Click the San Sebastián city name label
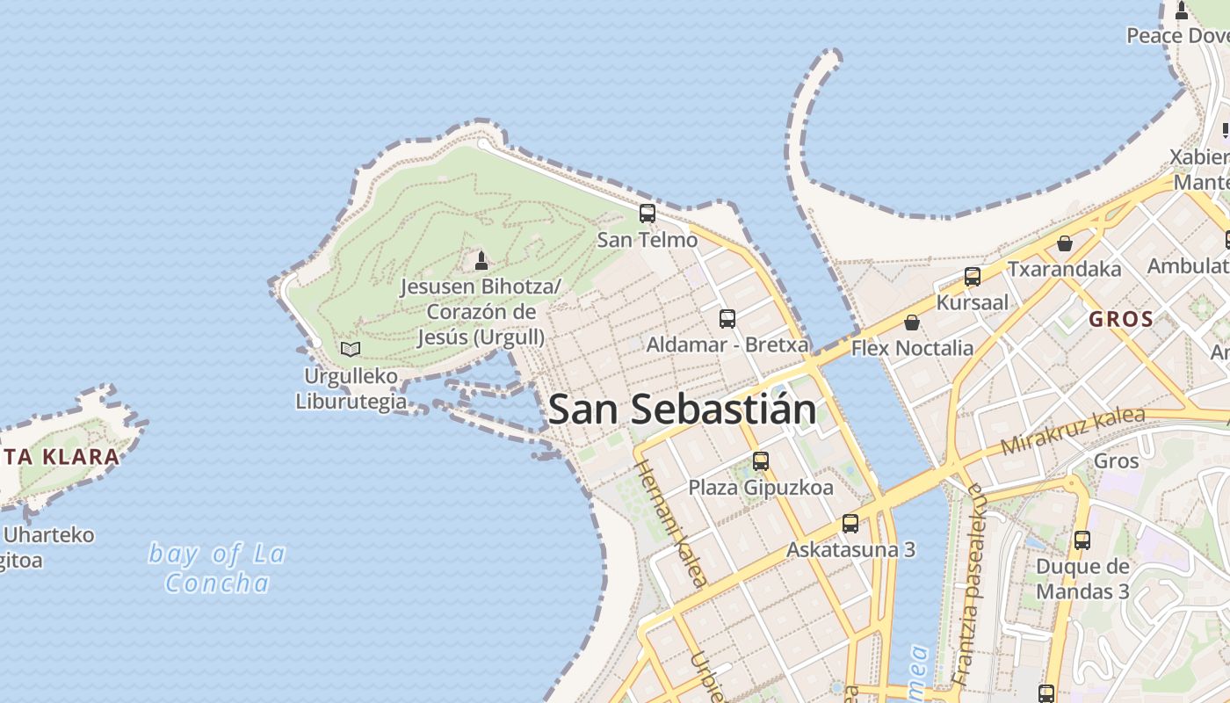click(682, 410)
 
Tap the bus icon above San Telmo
click(648, 213)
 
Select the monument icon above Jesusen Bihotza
click(481, 260)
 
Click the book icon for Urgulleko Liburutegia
click(351, 349)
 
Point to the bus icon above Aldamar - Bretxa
click(727, 318)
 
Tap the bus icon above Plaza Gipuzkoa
click(761, 460)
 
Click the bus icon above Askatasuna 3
click(850, 524)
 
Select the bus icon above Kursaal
click(973, 277)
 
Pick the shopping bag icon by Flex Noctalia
click(912, 323)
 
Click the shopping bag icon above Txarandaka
click(1065, 243)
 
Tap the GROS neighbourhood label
click(1121, 319)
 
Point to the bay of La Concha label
click(217, 568)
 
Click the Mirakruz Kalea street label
click(1073, 431)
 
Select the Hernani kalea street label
click(670, 522)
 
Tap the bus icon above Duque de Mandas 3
click(1082, 540)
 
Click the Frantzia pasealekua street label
click(972, 584)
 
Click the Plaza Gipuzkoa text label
click(761, 487)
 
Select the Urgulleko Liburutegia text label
click(351, 389)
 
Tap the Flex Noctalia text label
click(912, 348)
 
